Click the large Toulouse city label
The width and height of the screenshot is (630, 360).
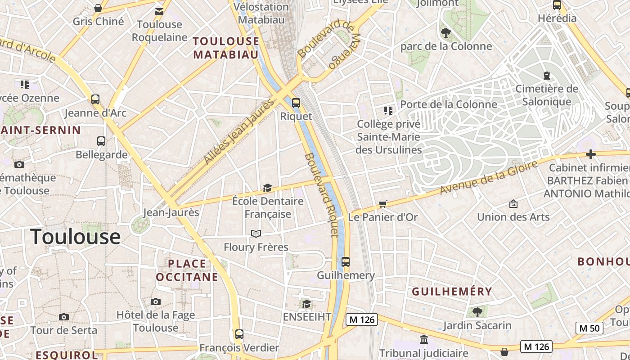(76, 237)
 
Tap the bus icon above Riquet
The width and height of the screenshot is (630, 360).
(296, 103)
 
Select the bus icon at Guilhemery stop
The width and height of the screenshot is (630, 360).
(346, 261)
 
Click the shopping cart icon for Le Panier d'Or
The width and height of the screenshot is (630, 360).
(383, 204)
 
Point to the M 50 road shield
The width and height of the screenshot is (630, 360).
(589, 328)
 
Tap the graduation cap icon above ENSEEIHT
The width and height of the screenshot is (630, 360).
(306, 304)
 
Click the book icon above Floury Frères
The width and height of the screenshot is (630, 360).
(256, 234)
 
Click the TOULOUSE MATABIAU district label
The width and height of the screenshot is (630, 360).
(226, 48)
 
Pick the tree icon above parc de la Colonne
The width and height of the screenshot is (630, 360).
(446, 32)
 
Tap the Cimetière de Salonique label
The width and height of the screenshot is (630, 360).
(546, 95)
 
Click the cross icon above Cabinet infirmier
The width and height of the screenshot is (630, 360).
(591, 155)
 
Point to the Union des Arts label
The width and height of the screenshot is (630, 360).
(513, 217)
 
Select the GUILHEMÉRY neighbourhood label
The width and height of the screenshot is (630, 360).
(452, 292)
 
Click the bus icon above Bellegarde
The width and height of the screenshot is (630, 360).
(101, 141)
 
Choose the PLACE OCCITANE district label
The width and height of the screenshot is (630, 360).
(187, 270)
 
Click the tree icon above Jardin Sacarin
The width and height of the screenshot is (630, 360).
(477, 311)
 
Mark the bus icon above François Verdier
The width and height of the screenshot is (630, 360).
(239, 334)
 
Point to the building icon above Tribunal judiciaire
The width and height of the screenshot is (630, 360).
(423, 339)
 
